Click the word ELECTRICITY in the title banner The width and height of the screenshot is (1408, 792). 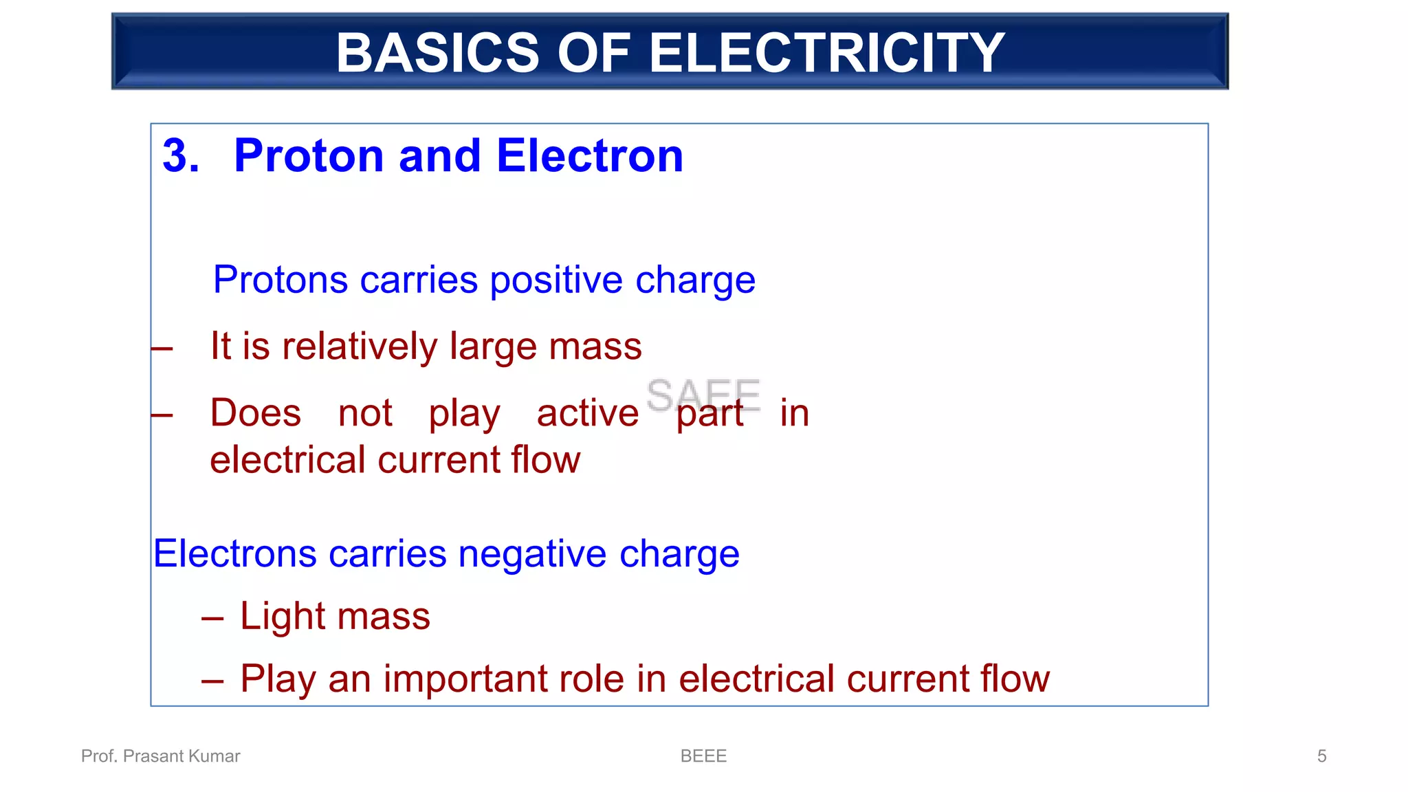tap(826, 53)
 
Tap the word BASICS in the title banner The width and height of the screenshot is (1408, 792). tap(437, 53)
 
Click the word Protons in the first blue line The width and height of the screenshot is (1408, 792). tap(280, 280)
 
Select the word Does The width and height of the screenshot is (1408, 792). tap(256, 412)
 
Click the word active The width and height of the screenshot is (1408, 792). tap(587, 412)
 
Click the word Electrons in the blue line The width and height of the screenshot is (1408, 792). tap(234, 553)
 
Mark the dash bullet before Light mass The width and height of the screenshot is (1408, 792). tap(212, 618)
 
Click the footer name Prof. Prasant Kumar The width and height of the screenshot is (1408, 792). tap(160, 756)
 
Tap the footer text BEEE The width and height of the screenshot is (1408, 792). tap(703, 756)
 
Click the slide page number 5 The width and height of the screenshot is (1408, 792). tap(1321, 756)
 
